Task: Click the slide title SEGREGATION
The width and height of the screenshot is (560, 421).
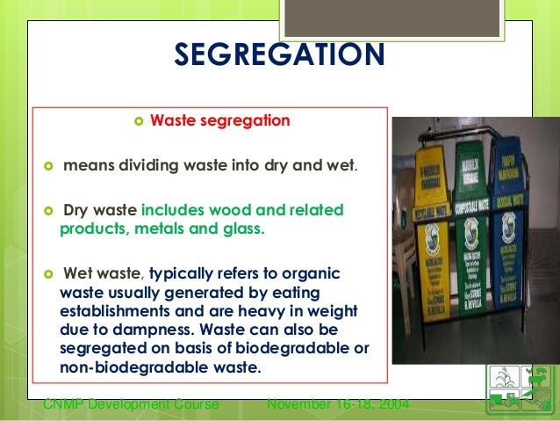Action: click(x=279, y=54)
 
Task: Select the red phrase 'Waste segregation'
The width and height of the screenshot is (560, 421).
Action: click(x=219, y=120)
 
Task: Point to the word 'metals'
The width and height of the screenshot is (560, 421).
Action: click(x=162, y=229)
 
